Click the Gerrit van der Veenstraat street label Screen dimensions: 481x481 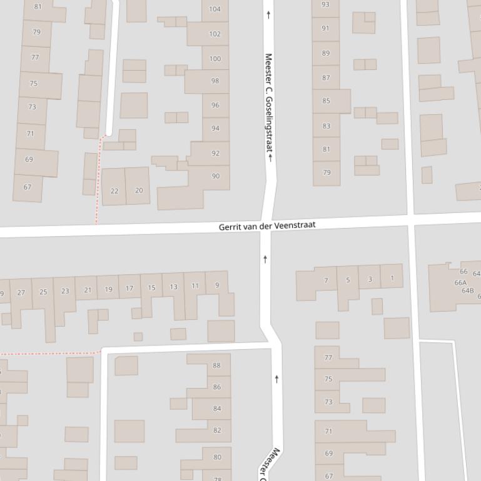[267, 226]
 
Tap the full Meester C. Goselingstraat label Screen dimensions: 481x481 [269, 103]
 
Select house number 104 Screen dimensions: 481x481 [215, 9]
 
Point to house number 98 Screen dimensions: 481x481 [215, 81]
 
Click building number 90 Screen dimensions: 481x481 [216, 176]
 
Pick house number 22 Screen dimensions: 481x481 [114, 191]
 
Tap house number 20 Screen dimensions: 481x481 [139, 191]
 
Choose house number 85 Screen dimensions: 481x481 [326, 101]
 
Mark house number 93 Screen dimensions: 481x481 [325, 4]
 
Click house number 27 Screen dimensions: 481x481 [21, 292]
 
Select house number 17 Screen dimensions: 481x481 [129, 289]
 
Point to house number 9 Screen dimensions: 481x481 [217, 285]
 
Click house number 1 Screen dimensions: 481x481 [392, 278]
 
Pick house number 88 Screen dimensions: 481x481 [217, 365]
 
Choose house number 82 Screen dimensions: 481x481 [217, 430]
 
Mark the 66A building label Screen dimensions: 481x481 [460, 283]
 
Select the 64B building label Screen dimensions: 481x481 [467, 290]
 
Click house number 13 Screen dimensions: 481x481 [173, 287]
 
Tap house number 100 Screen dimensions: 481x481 [215, 59]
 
